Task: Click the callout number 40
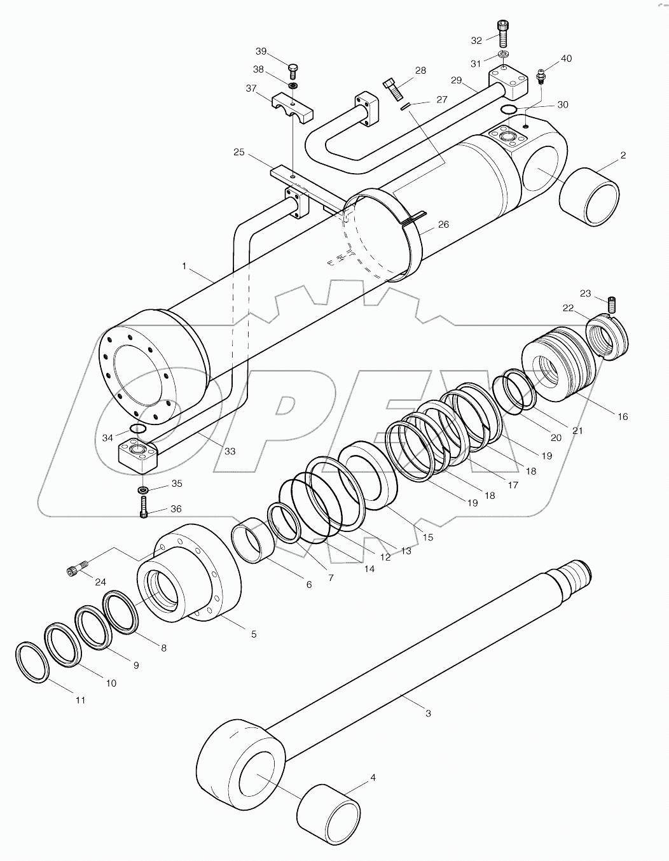click(x=565, y=59)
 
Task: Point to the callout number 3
click(x=428, y=713)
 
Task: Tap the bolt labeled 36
click(x=143, y=508)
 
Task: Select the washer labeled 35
click(x=143, y=489)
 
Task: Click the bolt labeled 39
click(x=293, y=68)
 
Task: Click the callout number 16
click(x=622, y=416)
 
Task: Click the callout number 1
click(x=184, y=266)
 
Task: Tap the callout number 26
click(x=443, y=224)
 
